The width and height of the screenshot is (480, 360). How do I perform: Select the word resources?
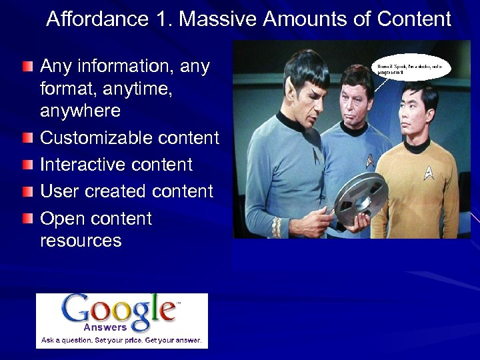pos(81,241)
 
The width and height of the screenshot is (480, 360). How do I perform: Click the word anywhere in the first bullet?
pos(80,111)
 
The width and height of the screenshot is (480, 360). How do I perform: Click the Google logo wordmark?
pos(120,310)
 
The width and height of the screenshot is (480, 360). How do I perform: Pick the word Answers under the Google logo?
pos(105,327)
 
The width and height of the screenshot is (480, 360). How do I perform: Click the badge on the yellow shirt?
pos(429,173)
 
